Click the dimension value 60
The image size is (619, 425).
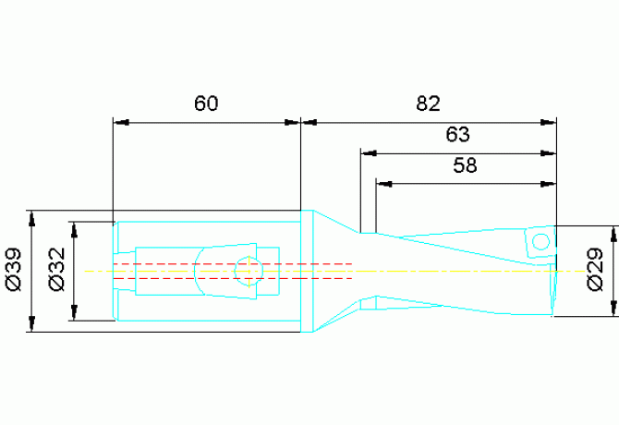206,103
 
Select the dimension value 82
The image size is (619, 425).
428,103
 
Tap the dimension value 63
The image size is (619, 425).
457,134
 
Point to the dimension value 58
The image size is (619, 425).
465,165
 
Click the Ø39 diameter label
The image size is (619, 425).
14,270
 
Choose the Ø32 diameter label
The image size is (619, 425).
56,270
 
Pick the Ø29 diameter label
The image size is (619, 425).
595,270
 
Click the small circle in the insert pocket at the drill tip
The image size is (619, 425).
540,241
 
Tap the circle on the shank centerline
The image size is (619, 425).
249,271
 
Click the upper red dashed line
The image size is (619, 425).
233,263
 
